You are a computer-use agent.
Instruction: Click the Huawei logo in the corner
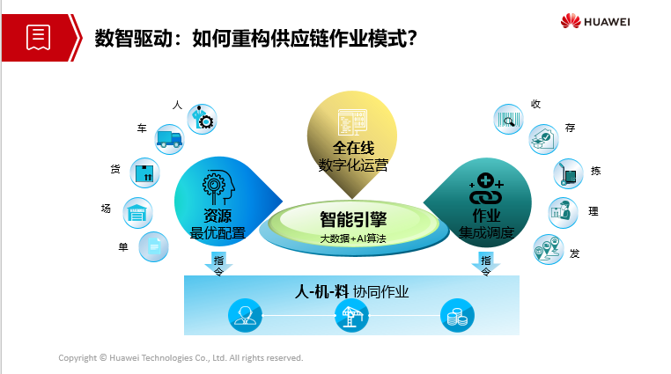(595, 21)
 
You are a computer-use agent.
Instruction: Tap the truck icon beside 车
(169, 139)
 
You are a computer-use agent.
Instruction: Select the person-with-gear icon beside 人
(202, 120)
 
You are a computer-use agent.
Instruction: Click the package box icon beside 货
(144, 173)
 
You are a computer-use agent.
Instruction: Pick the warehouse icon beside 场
(137, 213)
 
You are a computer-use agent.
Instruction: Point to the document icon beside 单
(153, 246)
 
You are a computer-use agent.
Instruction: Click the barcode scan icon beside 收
(508, 120)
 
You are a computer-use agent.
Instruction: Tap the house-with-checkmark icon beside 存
(544, 139)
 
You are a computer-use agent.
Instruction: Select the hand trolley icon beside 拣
(568, 174)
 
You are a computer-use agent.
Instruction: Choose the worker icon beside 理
(564, 212)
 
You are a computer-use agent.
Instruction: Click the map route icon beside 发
(549, 250)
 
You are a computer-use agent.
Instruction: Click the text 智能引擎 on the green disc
(353, 220)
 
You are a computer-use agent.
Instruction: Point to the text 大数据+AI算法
(353, 238)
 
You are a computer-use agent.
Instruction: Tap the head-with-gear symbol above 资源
(218, 187)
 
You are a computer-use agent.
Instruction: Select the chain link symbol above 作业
(486, 188)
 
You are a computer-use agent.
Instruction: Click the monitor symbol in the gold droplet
(352, 122)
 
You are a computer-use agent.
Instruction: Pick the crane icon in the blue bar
(351, 316)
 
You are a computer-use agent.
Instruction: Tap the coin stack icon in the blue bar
(458, 316)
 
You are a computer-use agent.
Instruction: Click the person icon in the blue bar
(245, 316)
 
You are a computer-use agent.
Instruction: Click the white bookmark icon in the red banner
(38, 38)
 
